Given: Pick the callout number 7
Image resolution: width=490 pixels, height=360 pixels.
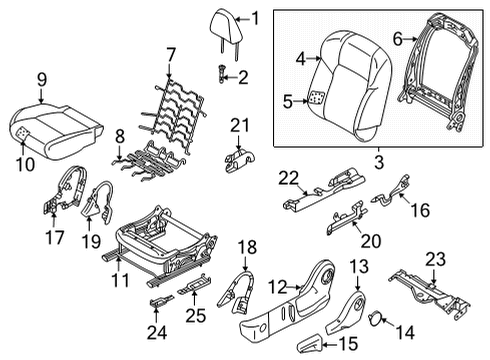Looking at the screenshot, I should (171, 53).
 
